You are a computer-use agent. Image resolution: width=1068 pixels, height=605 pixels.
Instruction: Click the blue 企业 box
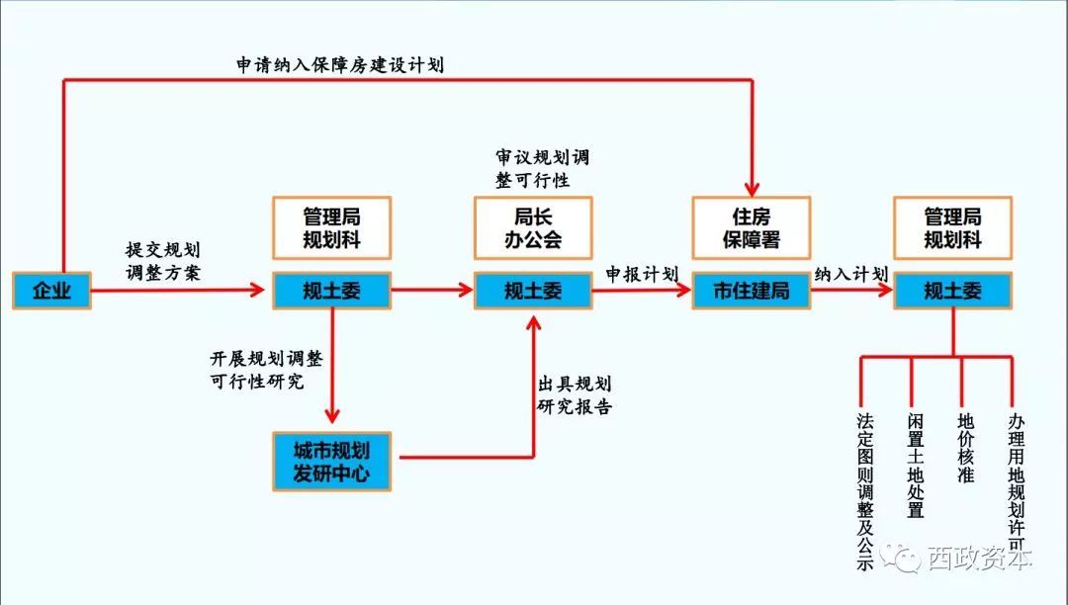(x=51, y=291)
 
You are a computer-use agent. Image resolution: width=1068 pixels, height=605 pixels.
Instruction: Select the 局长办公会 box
(x=533, y=227)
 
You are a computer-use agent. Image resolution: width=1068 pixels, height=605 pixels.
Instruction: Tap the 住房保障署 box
(x=751, y=227)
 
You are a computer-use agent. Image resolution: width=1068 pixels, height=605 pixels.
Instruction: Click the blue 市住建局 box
(x=751, y=291)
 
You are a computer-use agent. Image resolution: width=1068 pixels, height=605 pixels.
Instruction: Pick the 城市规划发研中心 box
(x=331, y=461)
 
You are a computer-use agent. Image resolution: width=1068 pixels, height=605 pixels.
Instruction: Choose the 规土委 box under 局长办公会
(x=533, y=291)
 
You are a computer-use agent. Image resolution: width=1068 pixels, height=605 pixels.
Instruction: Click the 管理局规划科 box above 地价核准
(x=952, y=227)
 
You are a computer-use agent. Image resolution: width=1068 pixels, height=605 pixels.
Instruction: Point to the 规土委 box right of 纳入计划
(x=952, y=291)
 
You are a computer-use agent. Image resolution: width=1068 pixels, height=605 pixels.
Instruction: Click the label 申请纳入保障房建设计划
(x=340, y=65)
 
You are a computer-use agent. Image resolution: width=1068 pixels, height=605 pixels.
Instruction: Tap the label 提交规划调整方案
(x=164, y=262)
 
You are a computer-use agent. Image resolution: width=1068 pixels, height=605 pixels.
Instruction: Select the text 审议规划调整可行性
(x=542, y=169)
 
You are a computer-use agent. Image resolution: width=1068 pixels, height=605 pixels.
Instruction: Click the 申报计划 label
(x=642, y=274)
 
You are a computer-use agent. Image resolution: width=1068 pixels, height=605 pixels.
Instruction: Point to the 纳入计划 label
(x=850, y=274)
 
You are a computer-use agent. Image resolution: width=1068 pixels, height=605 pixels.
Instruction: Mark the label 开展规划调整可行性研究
(x=270, y=368)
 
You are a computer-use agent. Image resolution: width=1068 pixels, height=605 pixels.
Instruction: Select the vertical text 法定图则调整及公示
(x=866, y=490)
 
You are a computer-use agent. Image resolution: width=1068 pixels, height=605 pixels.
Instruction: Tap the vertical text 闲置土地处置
(x=916, y=465)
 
